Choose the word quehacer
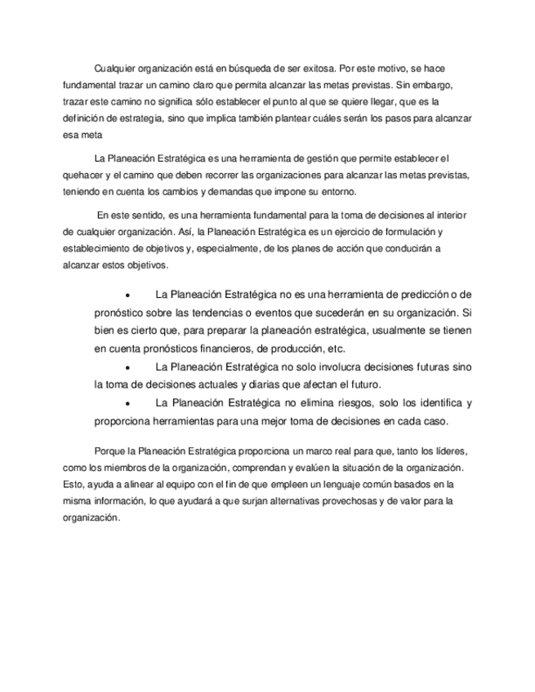coord(84,175)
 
